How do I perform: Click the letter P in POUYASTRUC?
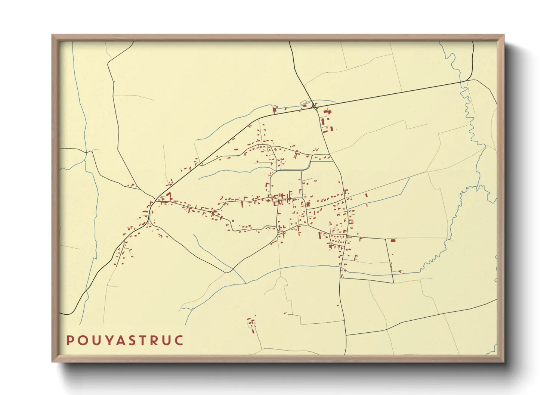pyautogui.click(x=70, y=340)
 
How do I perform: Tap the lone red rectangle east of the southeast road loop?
pyautogui.click(x=393, y=241)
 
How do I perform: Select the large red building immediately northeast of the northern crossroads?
pyautogui.click(x=328, y=112)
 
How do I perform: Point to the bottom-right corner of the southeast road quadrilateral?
pyautogui.click(x=393, y=282)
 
